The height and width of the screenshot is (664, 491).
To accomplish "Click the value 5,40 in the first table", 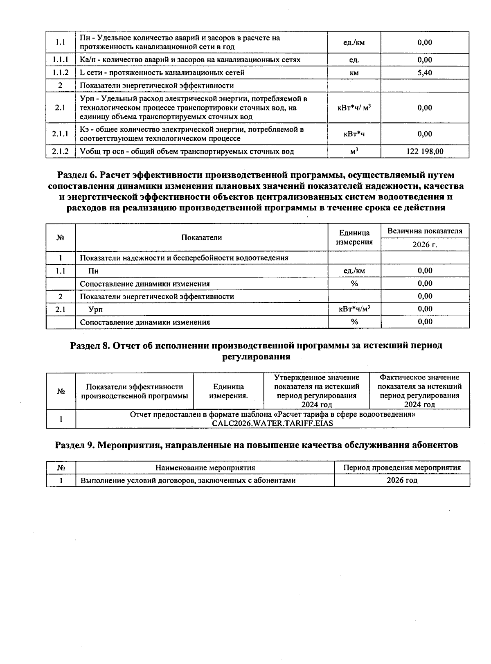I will point(425,72).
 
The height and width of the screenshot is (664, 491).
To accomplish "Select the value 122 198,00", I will point(425,151).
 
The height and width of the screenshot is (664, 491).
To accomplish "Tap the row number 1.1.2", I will point(60,72).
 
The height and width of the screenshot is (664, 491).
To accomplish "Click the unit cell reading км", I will point(354,73).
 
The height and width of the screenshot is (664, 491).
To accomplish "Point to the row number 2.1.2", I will point(60,151).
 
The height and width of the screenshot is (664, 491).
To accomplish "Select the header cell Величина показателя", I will point(425,231).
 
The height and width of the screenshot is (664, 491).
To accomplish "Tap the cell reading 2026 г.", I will point(425,244).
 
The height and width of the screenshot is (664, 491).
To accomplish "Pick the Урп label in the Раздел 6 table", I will point(95,309).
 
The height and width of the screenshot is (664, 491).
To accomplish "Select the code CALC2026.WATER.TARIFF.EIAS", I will point(272,423).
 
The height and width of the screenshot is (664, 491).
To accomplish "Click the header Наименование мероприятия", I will point(205,468).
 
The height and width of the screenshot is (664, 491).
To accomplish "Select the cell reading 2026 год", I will point(402,480).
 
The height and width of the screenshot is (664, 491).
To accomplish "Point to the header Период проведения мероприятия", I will point(402,468).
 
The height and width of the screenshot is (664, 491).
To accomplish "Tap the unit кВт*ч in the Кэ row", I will point(354,134).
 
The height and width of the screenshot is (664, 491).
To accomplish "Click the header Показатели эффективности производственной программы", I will point(134,391).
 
